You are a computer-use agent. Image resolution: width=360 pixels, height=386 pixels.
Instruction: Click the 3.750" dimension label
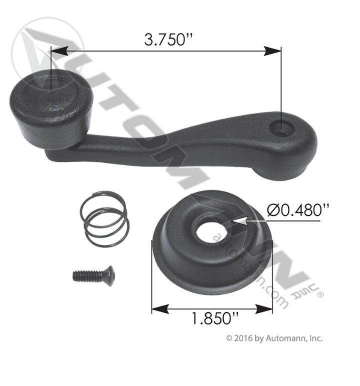click(x=168, y=39)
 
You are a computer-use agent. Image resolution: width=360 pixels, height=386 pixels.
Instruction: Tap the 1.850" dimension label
click(x=214, y=318)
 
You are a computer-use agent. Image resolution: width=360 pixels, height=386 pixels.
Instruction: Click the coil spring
click(x=104, y=219)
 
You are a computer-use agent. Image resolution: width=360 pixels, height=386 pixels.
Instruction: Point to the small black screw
click(x=93, y=275)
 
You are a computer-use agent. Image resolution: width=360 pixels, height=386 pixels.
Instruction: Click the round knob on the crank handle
click(x=51, y=108)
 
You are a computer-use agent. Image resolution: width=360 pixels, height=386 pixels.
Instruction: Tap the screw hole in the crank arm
click(x=281, y=128)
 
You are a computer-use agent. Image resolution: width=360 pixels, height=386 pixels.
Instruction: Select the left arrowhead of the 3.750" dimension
click(x=59, y=51)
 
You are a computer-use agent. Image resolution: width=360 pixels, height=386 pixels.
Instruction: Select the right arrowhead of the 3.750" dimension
click(x=272, y=51)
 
